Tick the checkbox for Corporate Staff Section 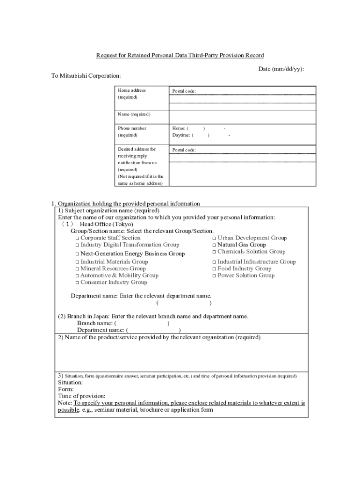click(x=77, y=239)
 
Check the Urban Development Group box click(x=214, y=239)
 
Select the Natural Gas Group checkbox click(x=214, y=245)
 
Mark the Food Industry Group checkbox click(x=214, y=269)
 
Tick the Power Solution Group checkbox click(x=214, y=276)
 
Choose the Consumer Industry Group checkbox click(x=77, y=283)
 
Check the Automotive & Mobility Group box click(x=77, y=276)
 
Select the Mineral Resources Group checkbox click(x=77, y=269)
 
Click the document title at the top click(x=180, y=55)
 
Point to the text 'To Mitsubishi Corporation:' click(x=86, y=76)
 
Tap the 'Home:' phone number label click(x=179, y=128)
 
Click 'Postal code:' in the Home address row click(x=184, y=91)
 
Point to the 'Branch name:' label click(x=95, y=323)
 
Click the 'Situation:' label click(x=71, y=382)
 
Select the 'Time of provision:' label click(x=82, y=396)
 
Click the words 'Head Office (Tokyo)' click(x=107, y=224)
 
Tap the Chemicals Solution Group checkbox click(x=214, y=252)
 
